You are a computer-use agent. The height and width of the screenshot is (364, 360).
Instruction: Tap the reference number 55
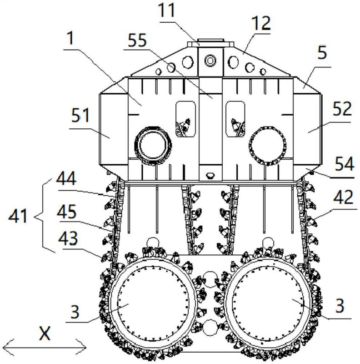(137, 40)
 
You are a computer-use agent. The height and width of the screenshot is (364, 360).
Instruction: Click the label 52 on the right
(342, 109)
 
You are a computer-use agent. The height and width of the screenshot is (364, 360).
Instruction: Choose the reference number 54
(343, 164)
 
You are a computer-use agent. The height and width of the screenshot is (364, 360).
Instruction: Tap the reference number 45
(66, 212)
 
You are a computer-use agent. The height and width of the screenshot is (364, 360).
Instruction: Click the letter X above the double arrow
(45, 334)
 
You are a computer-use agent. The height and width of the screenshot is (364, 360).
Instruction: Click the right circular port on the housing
(268, 146)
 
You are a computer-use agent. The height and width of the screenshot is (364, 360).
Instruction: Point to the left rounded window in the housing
(185, 118)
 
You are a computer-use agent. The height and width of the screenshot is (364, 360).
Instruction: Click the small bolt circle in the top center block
(210, 59)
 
